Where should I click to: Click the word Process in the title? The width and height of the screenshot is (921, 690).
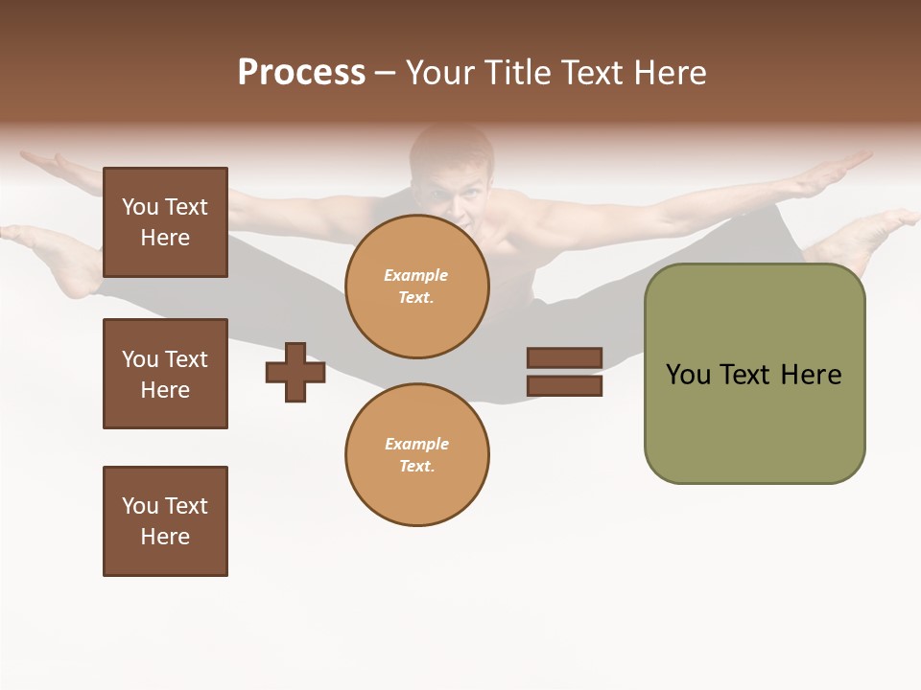coord(301,73)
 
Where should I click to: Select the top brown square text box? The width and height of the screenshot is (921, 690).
coord(165,222)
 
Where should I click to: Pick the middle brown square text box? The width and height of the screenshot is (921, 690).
coord(165,374)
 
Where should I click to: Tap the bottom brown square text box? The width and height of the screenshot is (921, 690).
coord(165,521)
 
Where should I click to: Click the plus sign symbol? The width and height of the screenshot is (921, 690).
coord(295,372)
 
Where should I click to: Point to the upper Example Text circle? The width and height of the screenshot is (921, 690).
coord(416,287)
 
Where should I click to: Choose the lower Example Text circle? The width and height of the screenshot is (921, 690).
coord(416,454)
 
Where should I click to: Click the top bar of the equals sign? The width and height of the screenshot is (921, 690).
coord(564,358)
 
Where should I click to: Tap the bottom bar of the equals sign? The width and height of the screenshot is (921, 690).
coord(564,386)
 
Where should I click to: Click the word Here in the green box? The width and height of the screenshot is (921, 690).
coord(811,375)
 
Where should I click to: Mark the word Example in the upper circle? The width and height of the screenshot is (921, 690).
coord(416,275)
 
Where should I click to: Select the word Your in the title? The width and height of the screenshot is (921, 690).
coord(440,73)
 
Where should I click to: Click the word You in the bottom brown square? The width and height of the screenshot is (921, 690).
coord(139,506)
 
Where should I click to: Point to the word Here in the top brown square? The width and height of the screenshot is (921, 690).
coord(165,238)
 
